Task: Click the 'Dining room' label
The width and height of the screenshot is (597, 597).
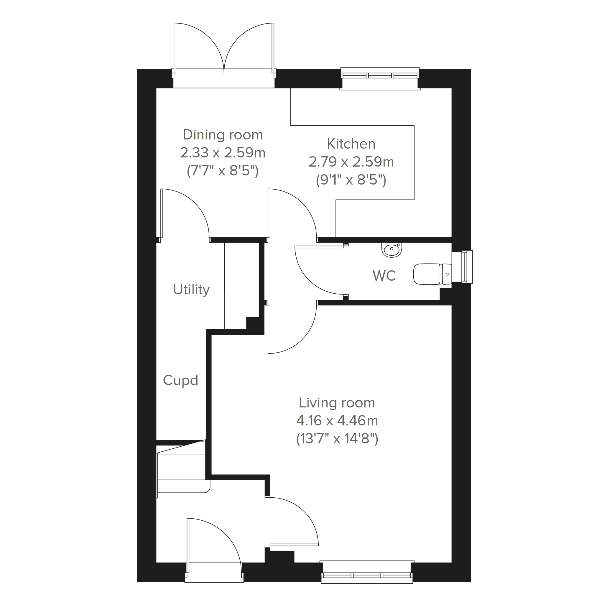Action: (x=223, y=135)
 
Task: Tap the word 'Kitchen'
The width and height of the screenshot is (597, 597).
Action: (x=351, y=144)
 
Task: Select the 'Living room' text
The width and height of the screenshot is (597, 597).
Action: (x=337, y=403)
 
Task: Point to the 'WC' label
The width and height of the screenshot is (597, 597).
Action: (x=384, y=276)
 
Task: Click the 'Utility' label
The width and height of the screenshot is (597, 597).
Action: (x=191, y=290)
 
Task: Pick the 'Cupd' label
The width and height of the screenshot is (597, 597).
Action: (x=180, y=380)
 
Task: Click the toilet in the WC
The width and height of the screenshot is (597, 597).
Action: (x=432, y=274)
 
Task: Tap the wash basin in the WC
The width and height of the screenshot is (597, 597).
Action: (x=392, y=250)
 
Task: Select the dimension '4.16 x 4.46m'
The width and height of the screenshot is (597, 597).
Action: (x=337, y=421)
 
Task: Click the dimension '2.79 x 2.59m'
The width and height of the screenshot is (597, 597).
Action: (x=351, y=162)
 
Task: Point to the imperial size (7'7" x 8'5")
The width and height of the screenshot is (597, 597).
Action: (x=223, y=171)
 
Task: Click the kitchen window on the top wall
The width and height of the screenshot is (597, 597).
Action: (x=380, y=78)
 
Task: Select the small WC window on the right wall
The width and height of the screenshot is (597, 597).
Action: (x=462, y=267)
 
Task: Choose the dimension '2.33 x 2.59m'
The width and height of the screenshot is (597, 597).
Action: (x=223, y=153)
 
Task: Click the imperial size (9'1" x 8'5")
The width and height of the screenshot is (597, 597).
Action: (x=351, y=180)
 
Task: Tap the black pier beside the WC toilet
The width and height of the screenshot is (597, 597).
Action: (x=445, y=294)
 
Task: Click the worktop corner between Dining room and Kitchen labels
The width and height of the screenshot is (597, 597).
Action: (x=291, y=126)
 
